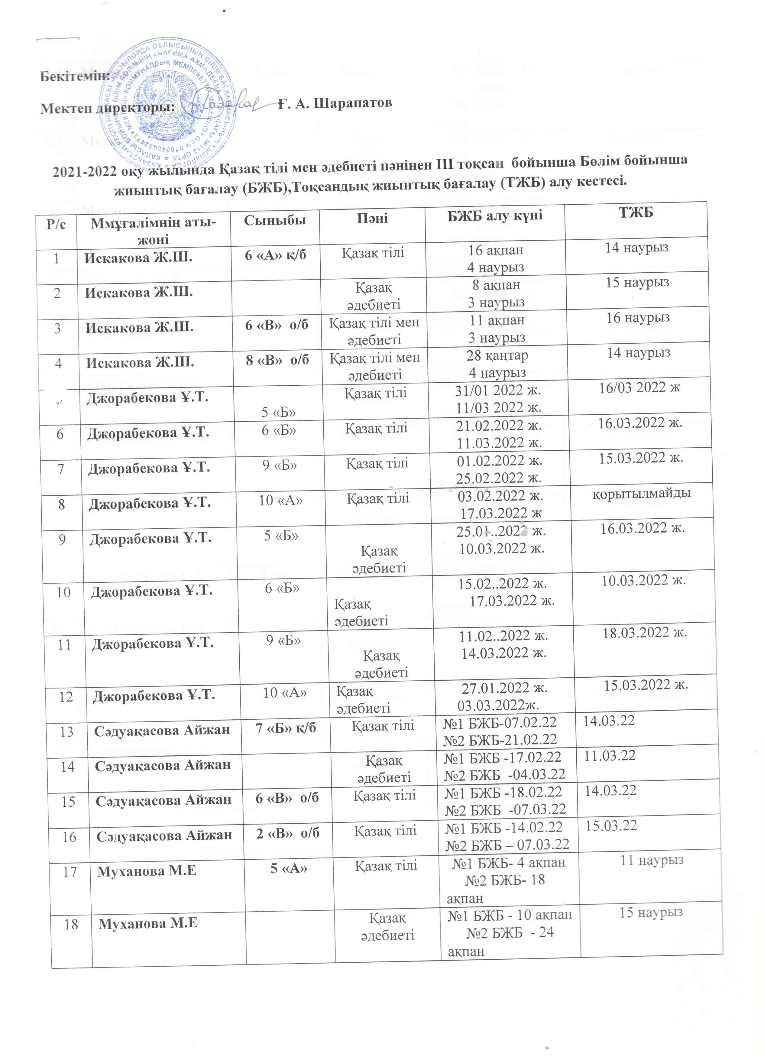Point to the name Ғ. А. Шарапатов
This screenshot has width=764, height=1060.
(x=335, y=103)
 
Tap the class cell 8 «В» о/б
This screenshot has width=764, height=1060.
(x=277, y=360)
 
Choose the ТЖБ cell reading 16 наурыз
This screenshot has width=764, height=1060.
(x=638, y=318)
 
